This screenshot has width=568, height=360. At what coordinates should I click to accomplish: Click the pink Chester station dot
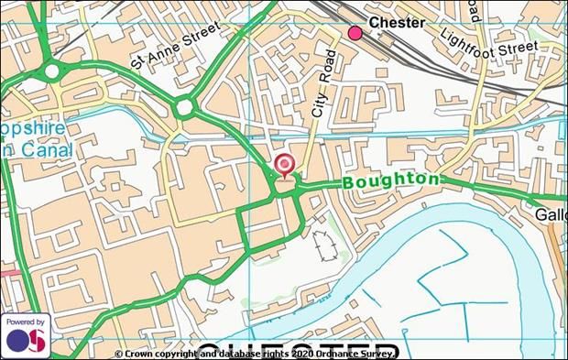(355, 34)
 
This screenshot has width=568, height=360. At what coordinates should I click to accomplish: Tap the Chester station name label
(397, 23)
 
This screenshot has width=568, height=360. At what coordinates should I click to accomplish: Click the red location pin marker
(285, 166)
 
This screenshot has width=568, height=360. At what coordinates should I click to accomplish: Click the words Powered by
(25, 322)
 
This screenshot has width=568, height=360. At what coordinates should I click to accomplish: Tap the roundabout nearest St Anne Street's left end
(52, 71)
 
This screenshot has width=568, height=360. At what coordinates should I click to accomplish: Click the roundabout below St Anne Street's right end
(185, 108)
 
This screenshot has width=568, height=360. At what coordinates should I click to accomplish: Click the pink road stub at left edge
(7, 272)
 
